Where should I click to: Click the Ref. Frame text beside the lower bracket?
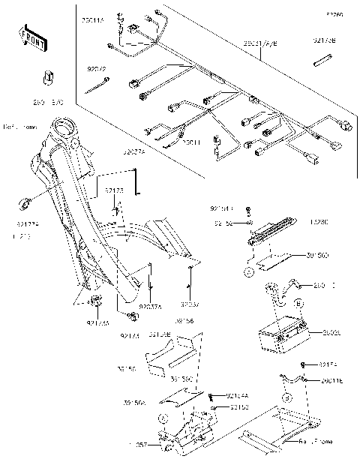[x=314, y=449]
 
